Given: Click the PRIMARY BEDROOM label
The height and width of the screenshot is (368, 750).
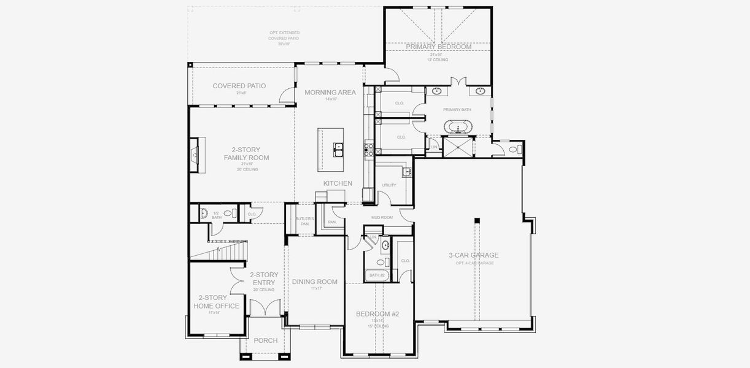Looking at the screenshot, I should (438, 47).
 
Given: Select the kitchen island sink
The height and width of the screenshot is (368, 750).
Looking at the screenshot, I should (338, 147).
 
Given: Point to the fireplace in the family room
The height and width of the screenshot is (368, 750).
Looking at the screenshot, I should (195, 155).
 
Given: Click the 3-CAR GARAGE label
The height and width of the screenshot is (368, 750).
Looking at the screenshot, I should (474, 255).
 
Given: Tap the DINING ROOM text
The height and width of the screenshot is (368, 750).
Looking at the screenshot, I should (315, 282).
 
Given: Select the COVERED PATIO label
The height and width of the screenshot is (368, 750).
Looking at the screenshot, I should (239, 86).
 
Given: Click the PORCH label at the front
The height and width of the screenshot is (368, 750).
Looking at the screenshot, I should (265, 340).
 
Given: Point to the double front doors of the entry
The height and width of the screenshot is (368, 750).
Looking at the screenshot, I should (265, 308).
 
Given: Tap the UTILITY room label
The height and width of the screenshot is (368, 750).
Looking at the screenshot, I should (389, 185).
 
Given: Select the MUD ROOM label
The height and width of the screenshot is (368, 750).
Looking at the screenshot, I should (382, 217).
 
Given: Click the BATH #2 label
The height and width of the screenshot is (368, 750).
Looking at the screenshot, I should (377, 275).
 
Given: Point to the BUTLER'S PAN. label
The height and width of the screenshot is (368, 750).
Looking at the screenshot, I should (304, 221).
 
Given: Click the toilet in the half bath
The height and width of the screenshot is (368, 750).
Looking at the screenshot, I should (228, 213).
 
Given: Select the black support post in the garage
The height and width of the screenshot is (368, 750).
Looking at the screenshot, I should (476, 221).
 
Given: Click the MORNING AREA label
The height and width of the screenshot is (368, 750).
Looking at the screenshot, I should (330, 93).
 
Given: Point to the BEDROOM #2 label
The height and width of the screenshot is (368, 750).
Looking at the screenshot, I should (377, 314).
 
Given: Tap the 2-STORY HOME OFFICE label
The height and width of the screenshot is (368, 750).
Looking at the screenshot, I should (216, 302).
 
